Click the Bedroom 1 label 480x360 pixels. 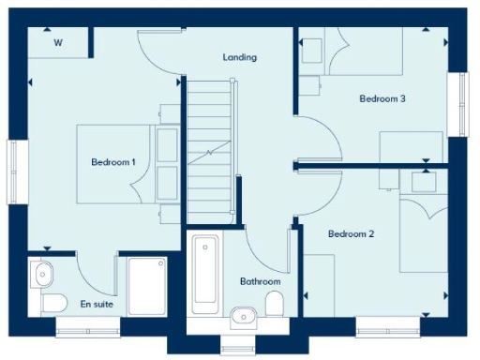pos(113,162)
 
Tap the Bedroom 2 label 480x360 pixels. pos(352,234)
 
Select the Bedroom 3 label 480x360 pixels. pos(382,97)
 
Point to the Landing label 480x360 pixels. pos(239,57)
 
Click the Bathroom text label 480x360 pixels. pos(259,281)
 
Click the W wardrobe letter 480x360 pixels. pos(58,42)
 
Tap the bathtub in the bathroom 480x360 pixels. pos(205,274)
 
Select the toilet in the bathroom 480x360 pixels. pos(275,304)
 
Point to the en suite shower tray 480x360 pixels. pos(147,286)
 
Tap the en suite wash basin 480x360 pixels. pos(42,275)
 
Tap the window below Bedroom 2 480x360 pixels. pos(386,326)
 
